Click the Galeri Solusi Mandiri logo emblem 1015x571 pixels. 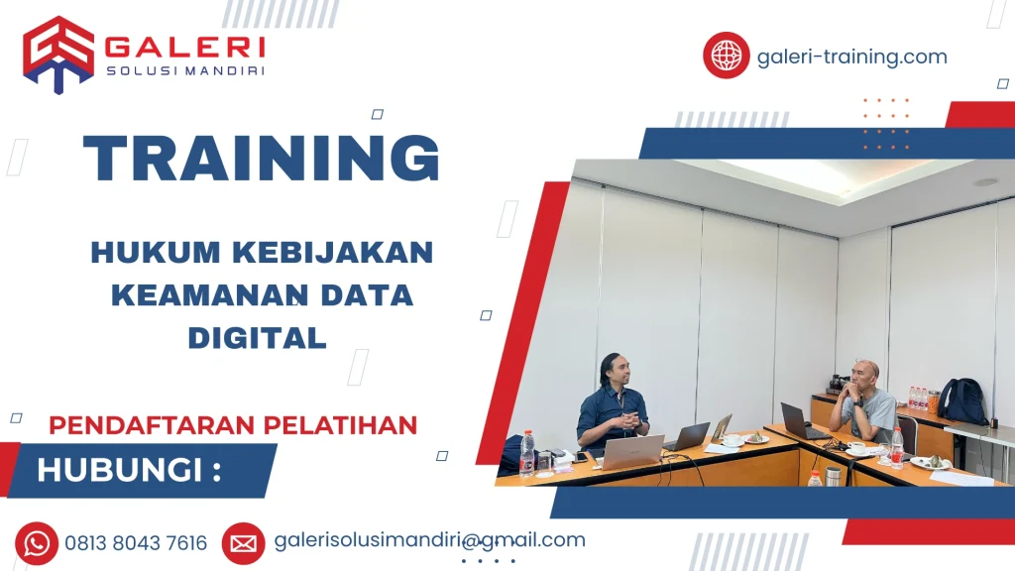coord(57,54)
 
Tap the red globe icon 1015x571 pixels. coord(726,55)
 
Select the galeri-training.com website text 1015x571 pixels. coord(851,57)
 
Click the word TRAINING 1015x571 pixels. coord(262,159)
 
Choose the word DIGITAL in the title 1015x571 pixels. coord(257,338)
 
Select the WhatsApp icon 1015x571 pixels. coord(37,543)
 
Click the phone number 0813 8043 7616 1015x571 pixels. coord(136,543)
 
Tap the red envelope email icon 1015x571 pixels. coord(243,543)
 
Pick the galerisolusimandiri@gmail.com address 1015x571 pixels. coord(428,540)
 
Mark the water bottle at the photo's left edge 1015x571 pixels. coord(527,453)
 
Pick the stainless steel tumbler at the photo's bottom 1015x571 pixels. coord(833,477)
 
